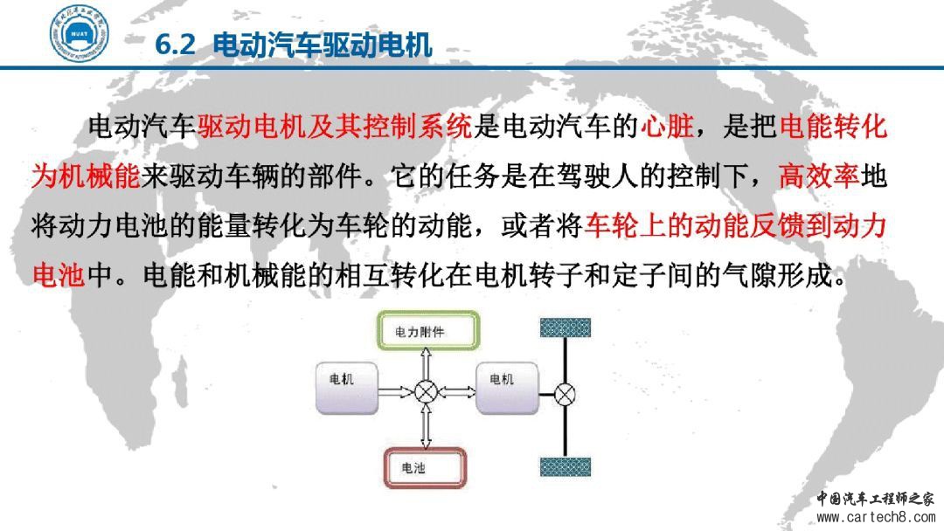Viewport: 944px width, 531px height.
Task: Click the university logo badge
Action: tap(79, 33)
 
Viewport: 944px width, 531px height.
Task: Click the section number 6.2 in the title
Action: tap(175, 45)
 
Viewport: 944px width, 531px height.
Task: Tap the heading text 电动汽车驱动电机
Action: tap(323, 45)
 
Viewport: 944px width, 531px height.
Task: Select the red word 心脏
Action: tap(666, 127)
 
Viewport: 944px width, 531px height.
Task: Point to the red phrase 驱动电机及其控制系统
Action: tap(335, 127)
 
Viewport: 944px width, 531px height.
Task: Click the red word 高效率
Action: tap(819, 176)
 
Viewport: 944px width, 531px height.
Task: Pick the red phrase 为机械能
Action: tap(86, 176)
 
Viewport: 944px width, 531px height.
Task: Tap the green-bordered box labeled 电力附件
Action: tap(428, 330)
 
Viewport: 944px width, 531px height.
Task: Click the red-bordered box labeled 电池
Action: tap(425, 467)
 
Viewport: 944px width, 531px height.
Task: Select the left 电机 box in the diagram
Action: tap(347, 389)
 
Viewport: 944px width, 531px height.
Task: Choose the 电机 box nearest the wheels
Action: tap(507, 389)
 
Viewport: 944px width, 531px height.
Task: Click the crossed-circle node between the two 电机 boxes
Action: tap(427, 392)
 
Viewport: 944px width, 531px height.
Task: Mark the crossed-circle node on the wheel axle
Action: tap(565, 395)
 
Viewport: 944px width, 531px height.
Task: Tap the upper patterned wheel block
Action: tap(566, 328)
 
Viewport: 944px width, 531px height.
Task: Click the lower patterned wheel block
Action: tap(566, 466)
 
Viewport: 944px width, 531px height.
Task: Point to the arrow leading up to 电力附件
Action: tap(427, 365)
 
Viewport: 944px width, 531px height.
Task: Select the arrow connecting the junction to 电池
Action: tap(427, 425)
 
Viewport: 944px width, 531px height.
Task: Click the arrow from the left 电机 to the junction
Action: tap(397, 392)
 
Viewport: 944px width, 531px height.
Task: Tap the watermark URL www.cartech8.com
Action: tap(875, 517)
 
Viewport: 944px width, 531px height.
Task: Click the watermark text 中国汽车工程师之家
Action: tap(875, 499)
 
